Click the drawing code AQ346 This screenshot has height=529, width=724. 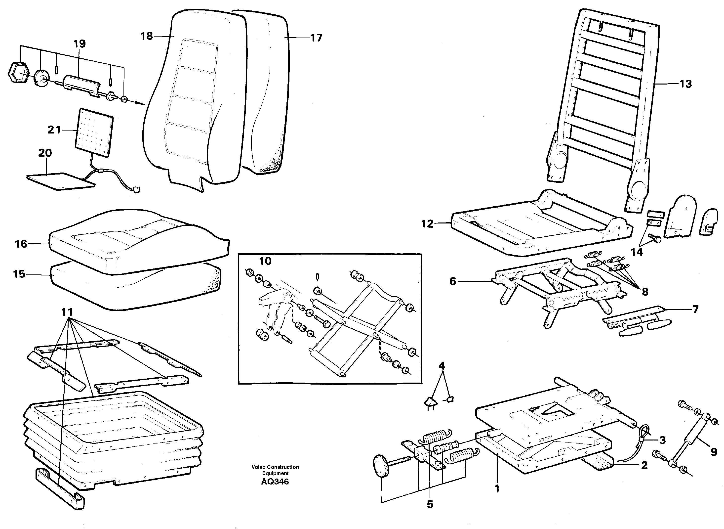tap(275, 482)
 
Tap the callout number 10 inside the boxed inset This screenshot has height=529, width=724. tap(265, 261)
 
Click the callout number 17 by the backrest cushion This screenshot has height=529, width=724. tap(316, 38)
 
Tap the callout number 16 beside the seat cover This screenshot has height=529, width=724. tap(21, 244)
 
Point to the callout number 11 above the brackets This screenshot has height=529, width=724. tap(67, 312)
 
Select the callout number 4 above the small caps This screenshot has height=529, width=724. tap(442, 366)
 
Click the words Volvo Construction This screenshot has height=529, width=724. tap(275, 467)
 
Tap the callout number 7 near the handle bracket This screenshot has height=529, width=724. tap(695, 310)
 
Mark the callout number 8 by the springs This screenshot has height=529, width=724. tap(645, 292)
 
